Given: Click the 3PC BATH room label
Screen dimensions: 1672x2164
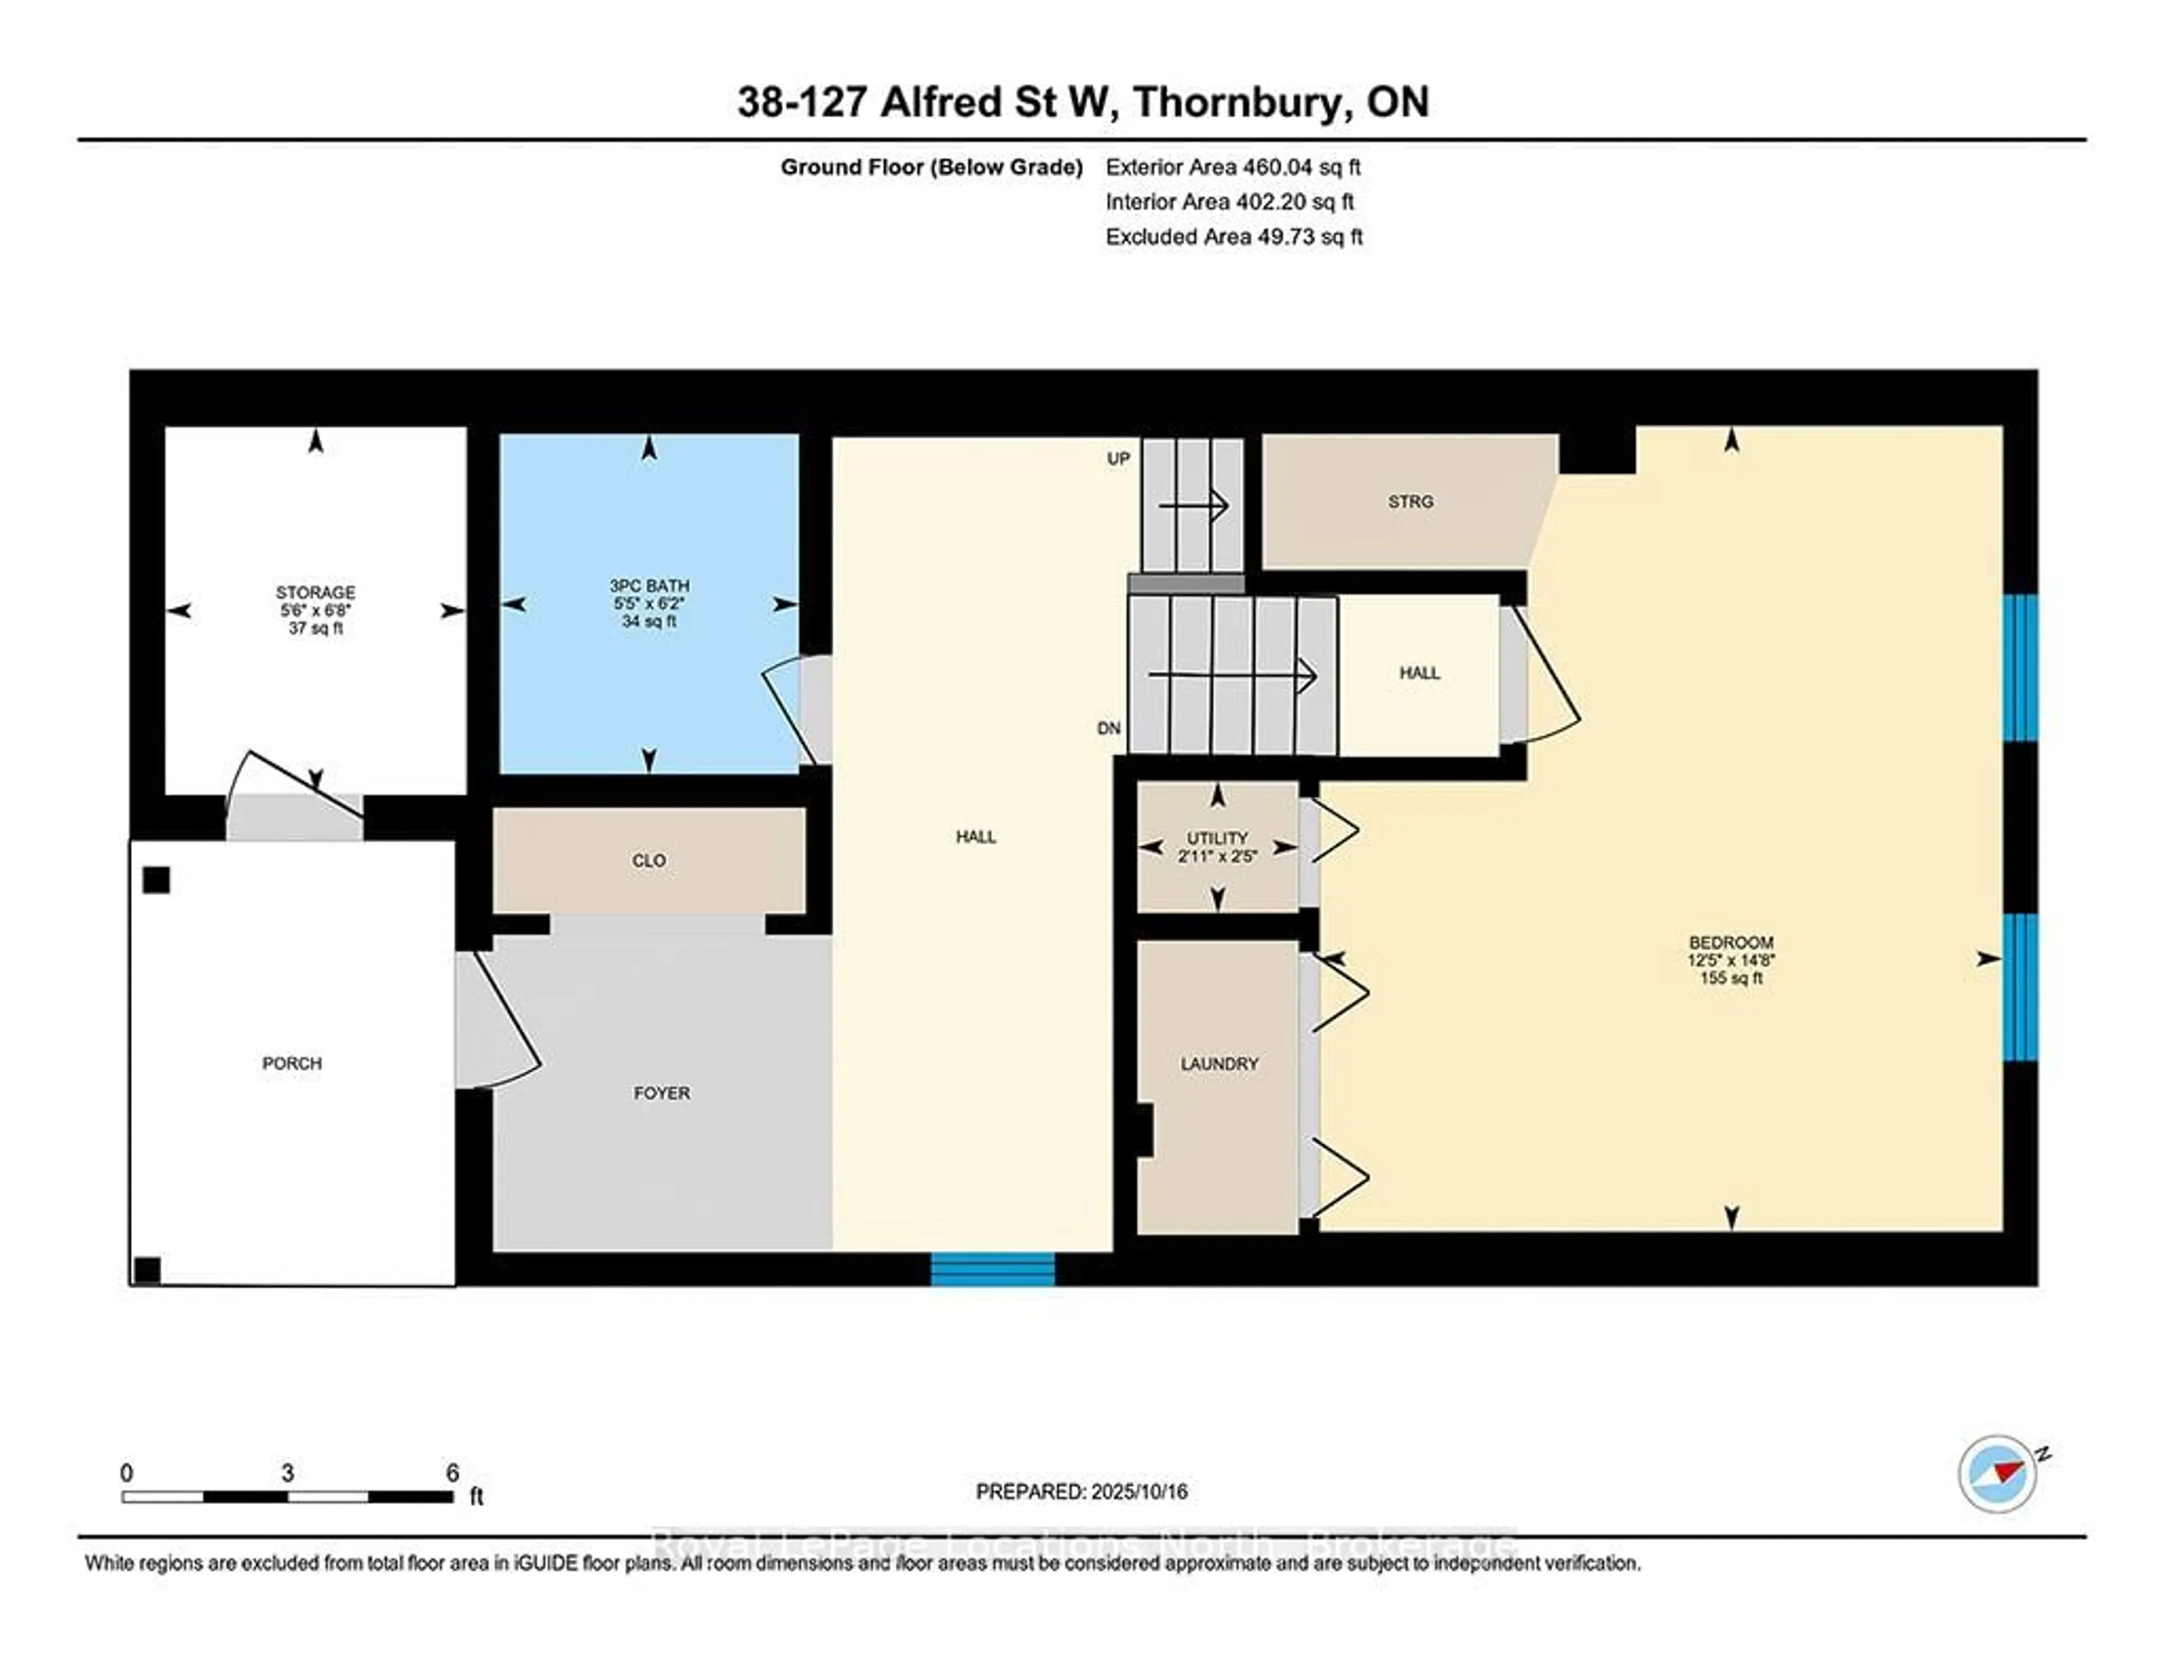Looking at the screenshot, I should (649, 603).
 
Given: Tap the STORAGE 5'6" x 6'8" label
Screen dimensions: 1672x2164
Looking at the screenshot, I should (315, 609).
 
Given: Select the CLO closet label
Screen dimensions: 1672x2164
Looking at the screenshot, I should (649, 860).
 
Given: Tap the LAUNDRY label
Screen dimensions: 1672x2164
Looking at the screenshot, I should (1219, 1063).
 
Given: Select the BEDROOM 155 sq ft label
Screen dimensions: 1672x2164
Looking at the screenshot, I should (1731, 959).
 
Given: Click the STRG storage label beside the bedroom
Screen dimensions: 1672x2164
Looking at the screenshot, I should (1410, 502).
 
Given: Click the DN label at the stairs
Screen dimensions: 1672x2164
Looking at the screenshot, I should (1108, 727).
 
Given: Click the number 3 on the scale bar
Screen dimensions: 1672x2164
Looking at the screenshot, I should (287, 1473).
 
